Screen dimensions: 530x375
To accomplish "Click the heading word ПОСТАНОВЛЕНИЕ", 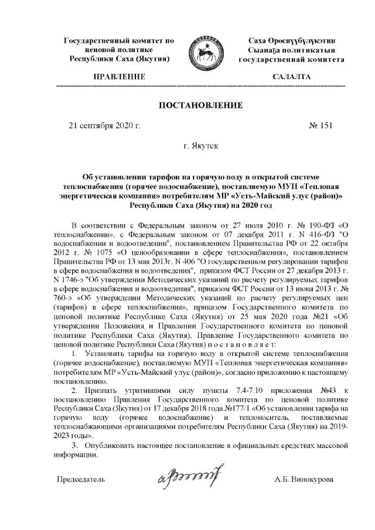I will tap(201, 105).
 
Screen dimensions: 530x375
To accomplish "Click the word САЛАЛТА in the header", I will tap(292, 77).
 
